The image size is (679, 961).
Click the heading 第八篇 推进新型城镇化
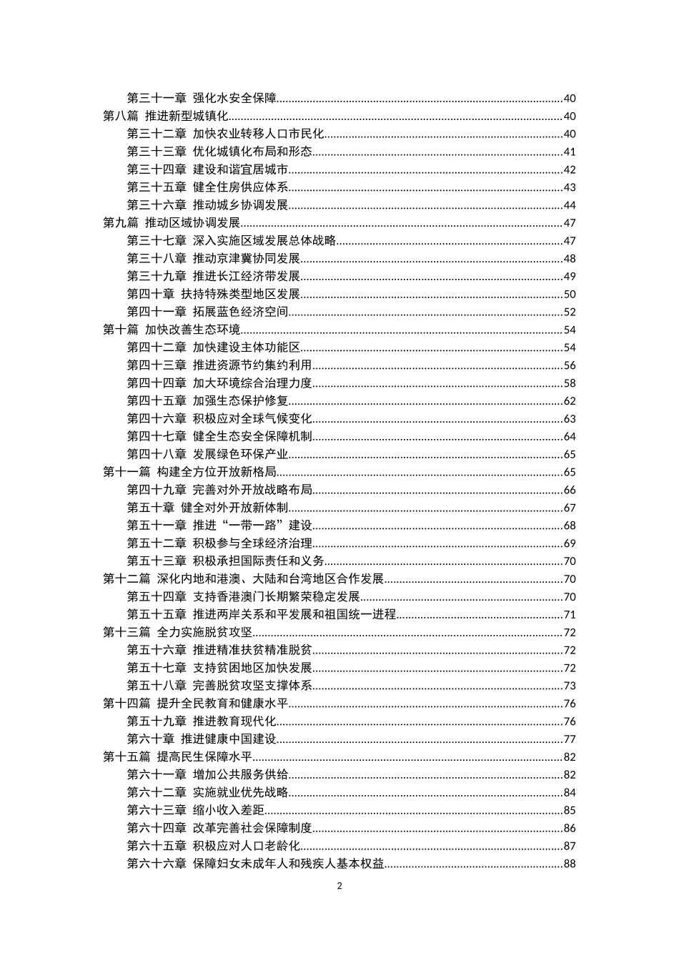click(166, 117)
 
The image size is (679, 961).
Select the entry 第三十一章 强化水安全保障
click(202, 99)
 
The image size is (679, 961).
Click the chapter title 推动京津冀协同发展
click(247, 259)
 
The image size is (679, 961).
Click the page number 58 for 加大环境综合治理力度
click(569, 383)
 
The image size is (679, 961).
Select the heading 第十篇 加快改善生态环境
click(172, 330)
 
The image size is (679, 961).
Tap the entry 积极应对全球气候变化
click(252, 419)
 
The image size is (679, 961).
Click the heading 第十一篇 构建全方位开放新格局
click(189, 472)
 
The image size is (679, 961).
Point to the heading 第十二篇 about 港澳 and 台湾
click(244, 579)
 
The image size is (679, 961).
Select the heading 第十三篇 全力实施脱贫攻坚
click(178, 632)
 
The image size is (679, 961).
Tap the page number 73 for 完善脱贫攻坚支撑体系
click(569, 686)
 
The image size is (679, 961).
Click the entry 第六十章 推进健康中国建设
click(202, 739)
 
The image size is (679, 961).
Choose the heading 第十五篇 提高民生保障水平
click(178, 757)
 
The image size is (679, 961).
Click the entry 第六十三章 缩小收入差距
click(196, 810)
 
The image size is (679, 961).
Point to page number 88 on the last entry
click(569, 864)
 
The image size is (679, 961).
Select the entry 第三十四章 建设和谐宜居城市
click(208, 169)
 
